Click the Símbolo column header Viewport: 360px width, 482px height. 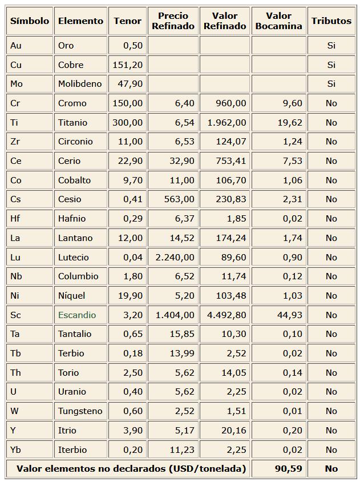[30, 21]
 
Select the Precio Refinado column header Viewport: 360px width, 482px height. [173, 21]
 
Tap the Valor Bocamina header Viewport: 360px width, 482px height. [278, 21]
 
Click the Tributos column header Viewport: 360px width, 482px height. [331, 21]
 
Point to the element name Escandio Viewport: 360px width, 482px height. [77, 315]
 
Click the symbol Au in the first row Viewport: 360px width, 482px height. [16, 46]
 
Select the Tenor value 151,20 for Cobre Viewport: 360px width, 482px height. [128, 65]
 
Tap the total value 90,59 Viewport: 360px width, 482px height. [288, 468]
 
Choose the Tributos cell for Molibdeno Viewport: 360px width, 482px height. [331, 84]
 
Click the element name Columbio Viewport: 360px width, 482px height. [78, 276]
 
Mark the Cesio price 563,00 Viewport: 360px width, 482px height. [180, 199]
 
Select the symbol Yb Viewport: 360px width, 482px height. [16, 449]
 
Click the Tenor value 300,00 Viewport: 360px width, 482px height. [128, 122]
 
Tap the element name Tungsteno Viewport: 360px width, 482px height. [80, 411]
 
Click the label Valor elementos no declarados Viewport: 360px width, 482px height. [131, 468]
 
